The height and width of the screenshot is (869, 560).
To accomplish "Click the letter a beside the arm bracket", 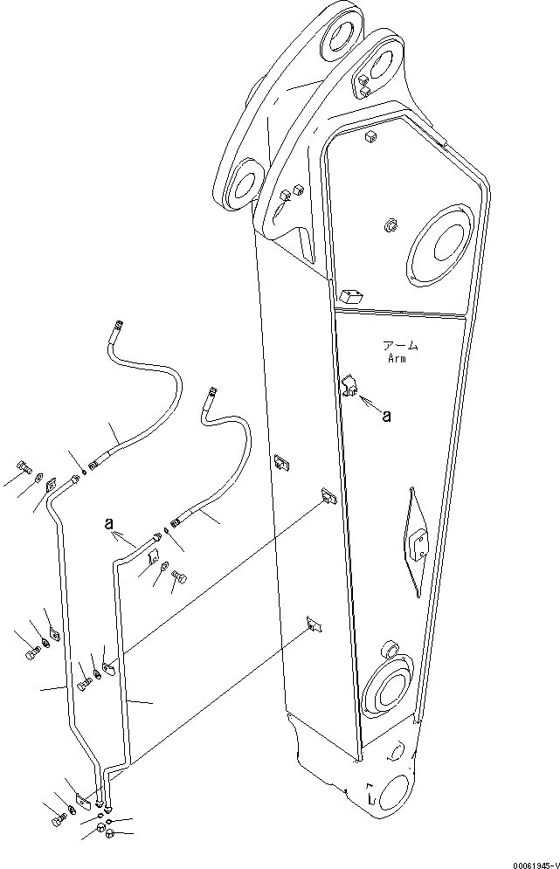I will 386,417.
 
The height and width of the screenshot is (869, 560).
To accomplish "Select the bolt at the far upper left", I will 24,466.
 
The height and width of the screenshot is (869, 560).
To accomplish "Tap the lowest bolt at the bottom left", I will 59,820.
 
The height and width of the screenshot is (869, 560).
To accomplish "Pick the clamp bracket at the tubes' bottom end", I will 83,797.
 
